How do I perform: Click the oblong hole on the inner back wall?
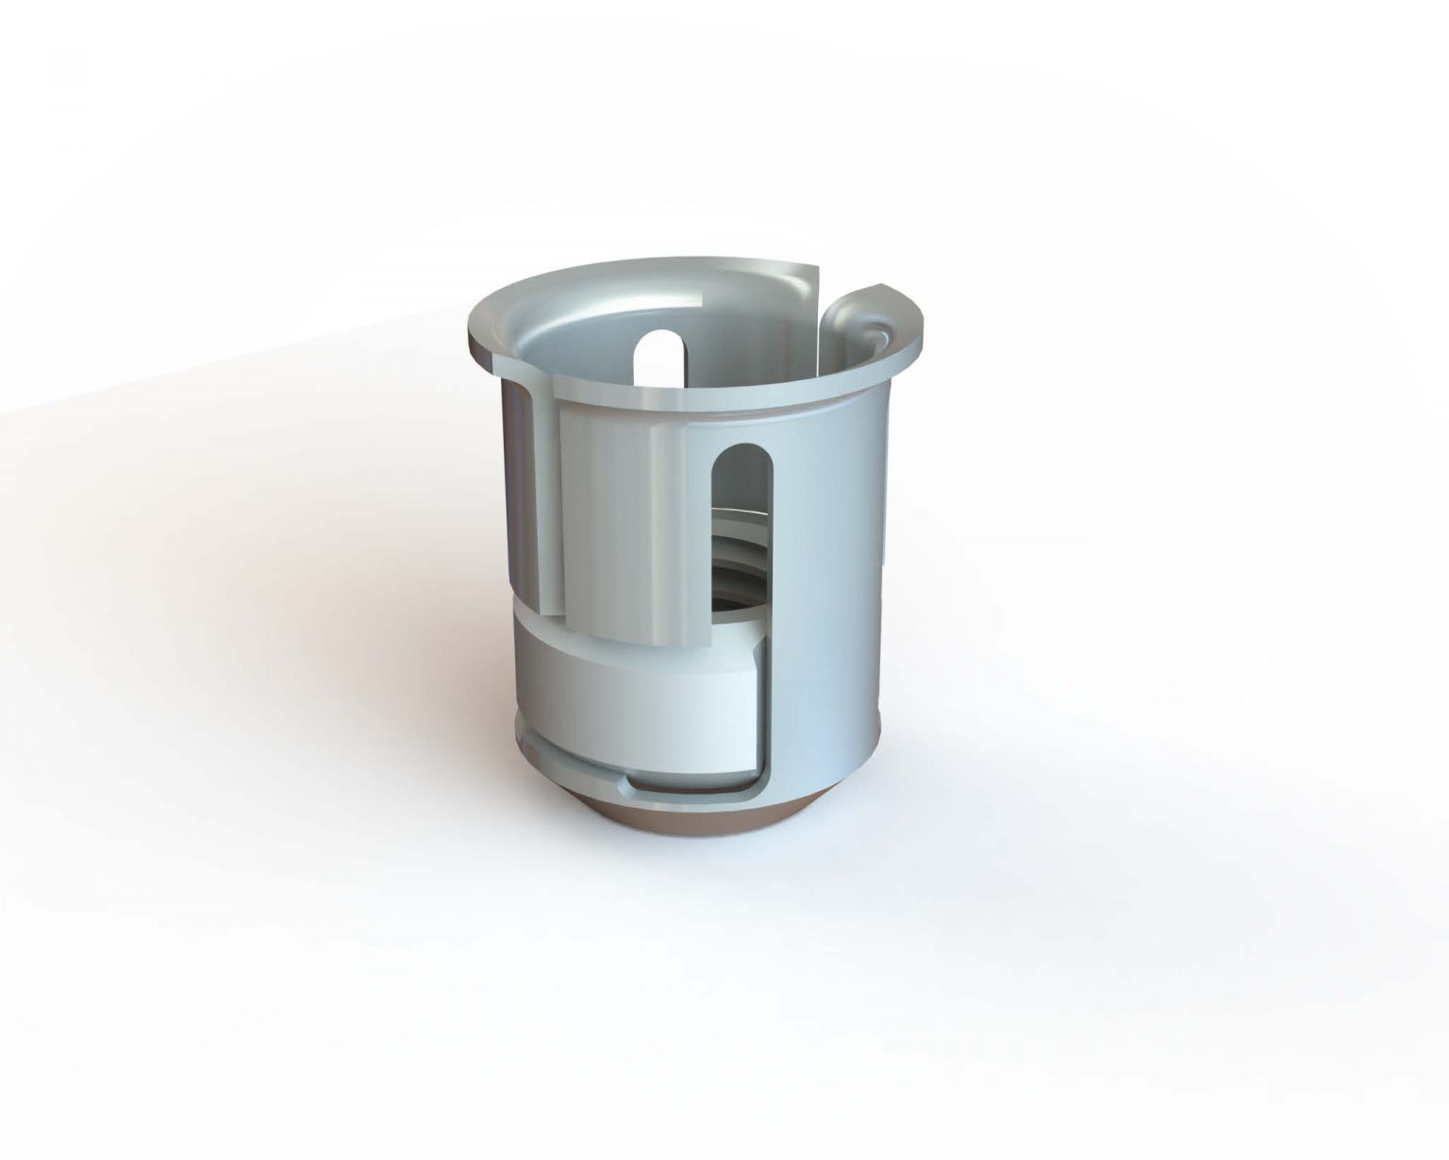[660, 355]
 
